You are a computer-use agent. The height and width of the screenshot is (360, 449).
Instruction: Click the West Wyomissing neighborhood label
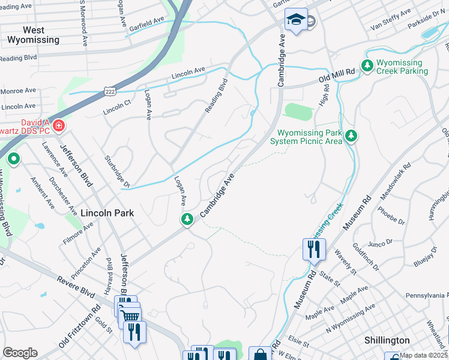[33, 35]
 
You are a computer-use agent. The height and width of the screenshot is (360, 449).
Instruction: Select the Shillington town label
[387, 340]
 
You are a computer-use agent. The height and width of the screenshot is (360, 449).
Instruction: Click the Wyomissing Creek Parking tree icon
[366, 64]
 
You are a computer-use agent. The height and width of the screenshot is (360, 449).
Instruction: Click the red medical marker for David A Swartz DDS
[58, 126]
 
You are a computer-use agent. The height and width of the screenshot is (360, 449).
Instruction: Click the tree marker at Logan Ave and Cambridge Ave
[187, 220]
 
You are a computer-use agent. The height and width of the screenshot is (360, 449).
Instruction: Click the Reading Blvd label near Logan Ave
[217, 96]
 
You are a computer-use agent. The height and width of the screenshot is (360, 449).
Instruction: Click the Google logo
[20, 353]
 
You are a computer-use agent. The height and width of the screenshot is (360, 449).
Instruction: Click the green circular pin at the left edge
[13, 160]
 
